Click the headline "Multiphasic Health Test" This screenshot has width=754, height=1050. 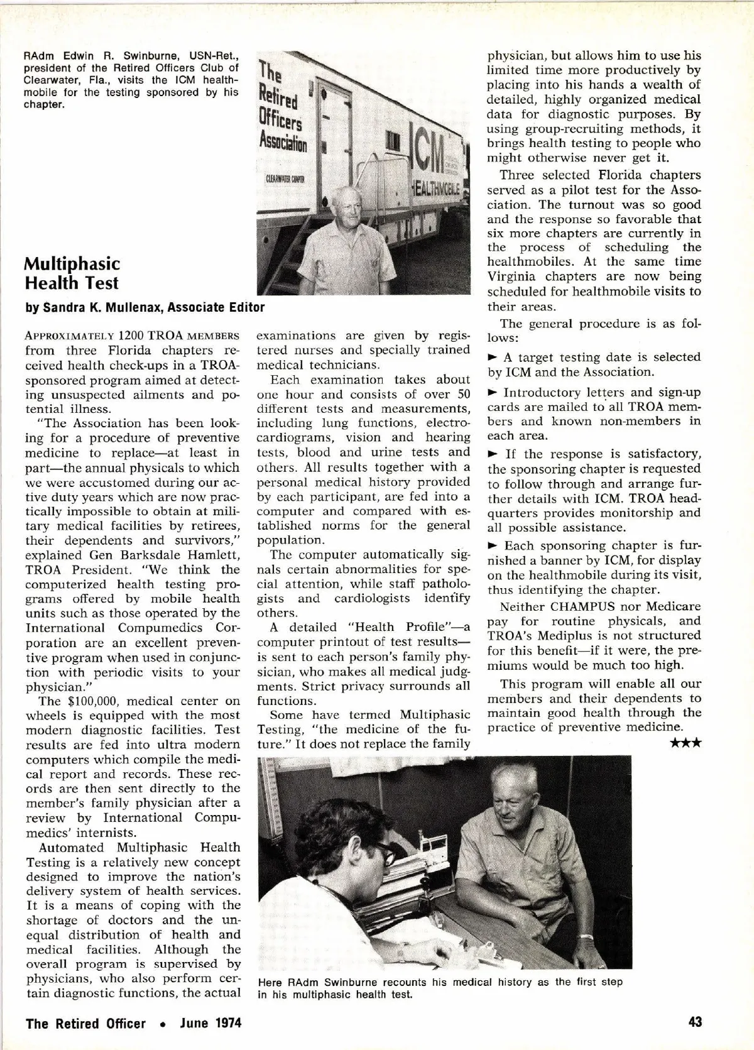72,273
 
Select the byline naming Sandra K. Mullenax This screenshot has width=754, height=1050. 145,307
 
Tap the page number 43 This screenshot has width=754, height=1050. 694,1022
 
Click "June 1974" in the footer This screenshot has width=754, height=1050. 210,1022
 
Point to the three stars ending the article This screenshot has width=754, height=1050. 686,743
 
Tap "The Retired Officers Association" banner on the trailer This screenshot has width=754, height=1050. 282,107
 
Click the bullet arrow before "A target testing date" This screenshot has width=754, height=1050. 493,358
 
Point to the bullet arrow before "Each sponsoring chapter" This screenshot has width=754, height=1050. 493,545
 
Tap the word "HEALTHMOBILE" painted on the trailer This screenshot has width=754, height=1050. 437,189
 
